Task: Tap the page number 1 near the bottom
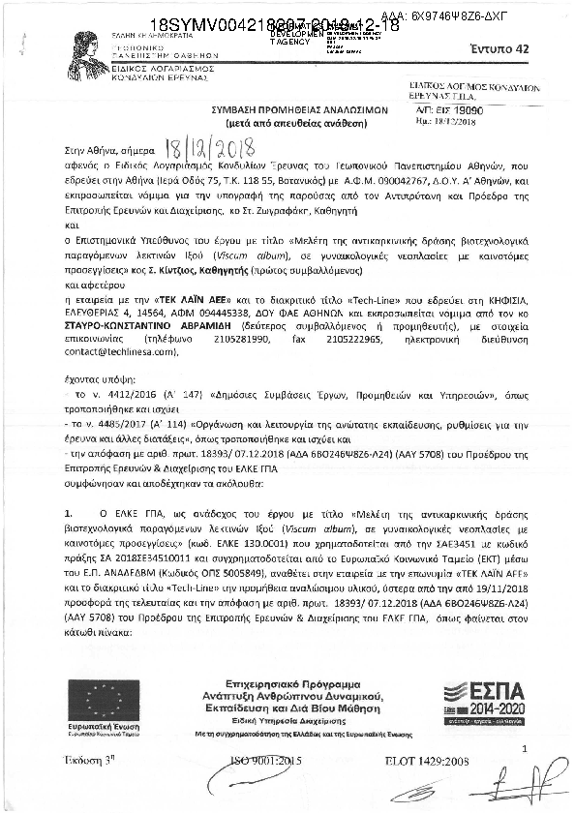pyautogui.click(x=524, y=749)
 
